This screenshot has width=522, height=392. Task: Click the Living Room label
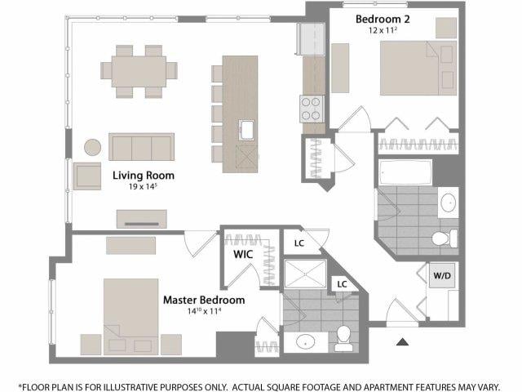tap(144, 176)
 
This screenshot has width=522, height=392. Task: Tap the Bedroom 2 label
tap(383, 19)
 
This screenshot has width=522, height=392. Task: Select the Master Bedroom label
tap(204, 300)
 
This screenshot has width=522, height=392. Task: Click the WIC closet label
tap(243, 254)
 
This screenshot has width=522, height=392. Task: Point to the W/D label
tap(442, 276)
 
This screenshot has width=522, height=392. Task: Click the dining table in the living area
tap(139, 72)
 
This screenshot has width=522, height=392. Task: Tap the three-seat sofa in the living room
tap(141, 147)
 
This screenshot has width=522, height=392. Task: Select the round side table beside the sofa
tap(92, 147)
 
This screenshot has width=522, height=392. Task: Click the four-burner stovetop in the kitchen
tap(312, 109)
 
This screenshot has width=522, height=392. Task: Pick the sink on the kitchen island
tap(246, 130)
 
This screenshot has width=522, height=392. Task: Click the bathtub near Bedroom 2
tap(405, 172)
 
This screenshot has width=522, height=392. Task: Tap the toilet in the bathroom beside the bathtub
tap(445, 238)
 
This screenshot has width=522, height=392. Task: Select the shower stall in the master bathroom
tap(305, 274)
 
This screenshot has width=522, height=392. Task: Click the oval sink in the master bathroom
tap(305, 342)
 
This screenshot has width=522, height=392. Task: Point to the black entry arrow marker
tap(402, 341)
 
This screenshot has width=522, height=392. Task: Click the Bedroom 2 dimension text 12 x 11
tap(383, 30)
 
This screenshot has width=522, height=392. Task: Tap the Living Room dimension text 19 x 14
tap(143, 186)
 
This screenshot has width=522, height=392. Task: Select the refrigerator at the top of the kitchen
tap(311, 39)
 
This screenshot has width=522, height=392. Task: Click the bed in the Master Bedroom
tap(130, 317)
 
